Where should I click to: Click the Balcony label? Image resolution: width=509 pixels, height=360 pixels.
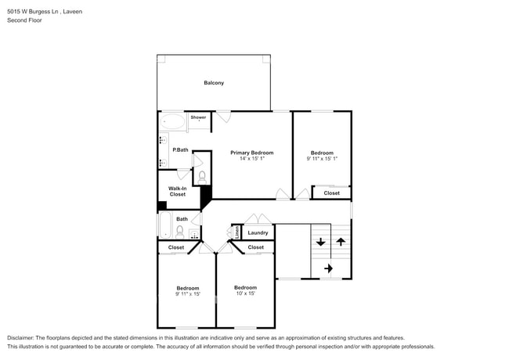[214, 83]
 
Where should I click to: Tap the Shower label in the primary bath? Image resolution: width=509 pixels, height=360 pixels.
[198, 117]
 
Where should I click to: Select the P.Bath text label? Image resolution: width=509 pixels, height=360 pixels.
[180, 149]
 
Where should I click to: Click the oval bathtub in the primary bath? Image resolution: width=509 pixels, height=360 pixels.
[173, 122]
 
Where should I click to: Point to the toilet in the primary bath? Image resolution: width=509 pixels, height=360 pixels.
[201, 175]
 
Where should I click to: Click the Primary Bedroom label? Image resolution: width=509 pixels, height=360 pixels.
[251, 153]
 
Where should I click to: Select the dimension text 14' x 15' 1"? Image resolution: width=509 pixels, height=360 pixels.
[251, 160]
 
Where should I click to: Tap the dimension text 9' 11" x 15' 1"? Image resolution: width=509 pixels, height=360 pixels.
[322, 160]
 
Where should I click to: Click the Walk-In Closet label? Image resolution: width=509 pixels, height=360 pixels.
[178, 191]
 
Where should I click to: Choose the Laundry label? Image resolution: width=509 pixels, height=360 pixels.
[258, 232]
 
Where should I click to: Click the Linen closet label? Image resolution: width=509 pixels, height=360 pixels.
[236, 232]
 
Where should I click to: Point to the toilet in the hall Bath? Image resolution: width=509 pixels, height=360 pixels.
[180, 231]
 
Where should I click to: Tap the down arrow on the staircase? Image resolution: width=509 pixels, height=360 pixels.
[321, 242]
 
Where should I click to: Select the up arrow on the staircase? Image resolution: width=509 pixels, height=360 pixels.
[341, 242]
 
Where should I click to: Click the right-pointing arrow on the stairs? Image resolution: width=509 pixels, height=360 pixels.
[328, 268]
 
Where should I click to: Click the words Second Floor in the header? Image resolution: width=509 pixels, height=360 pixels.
[24, 20]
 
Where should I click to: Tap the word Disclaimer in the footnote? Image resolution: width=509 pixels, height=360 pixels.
[24, 338]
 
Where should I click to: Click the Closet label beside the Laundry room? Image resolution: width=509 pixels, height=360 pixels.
[256, 247]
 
